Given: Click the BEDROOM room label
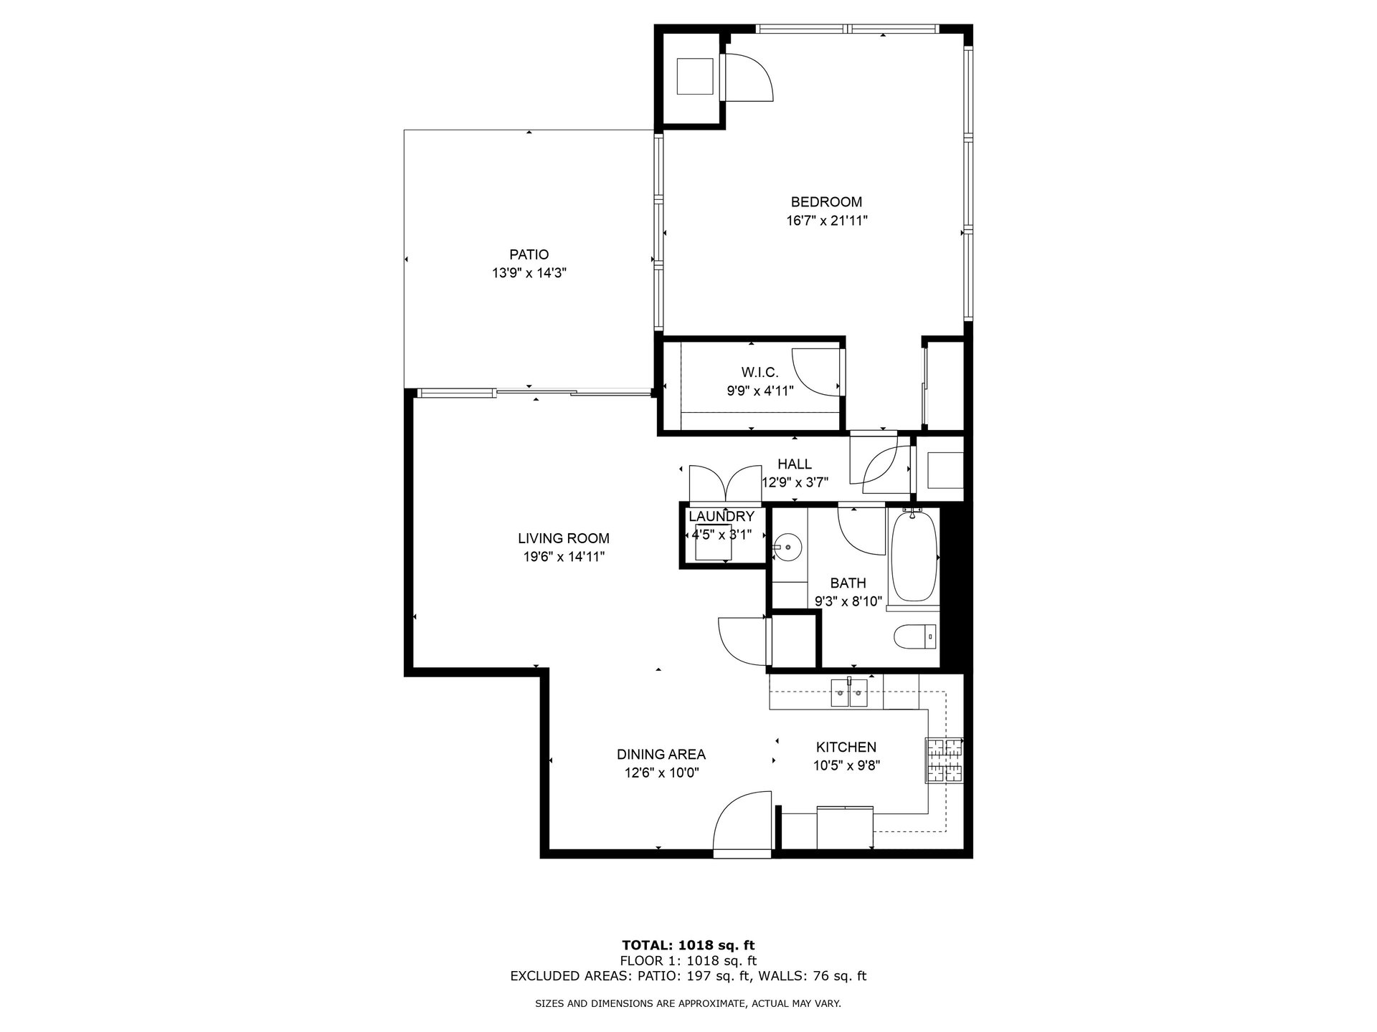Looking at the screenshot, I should [x=826, y=202].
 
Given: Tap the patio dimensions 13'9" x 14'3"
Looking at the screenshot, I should [x=529, y=273].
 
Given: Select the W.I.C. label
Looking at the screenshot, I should [x=760, y=372].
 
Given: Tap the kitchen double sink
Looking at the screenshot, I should [x=849, y=693].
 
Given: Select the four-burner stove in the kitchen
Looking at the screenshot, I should [x=944, y=760].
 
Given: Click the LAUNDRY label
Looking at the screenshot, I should [x=721, y=517].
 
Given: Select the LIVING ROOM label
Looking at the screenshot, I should [x=564, y=538].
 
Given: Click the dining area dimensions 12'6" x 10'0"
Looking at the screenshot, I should [x=661, y=773].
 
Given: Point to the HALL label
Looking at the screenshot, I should [x=795, y=464].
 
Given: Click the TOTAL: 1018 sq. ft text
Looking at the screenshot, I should [x=688, y=945].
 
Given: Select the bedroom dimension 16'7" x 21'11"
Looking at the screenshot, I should [x=826, y=221].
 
